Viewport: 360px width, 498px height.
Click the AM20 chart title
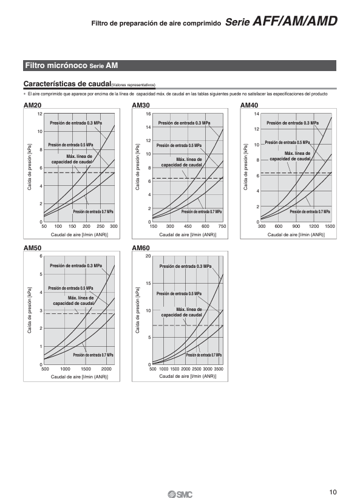point(32,105)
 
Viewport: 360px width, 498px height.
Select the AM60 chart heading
point(141,248)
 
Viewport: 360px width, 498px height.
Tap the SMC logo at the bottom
point(180,494)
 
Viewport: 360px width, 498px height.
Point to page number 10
point(333,492)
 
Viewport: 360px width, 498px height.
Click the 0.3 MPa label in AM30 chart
point(184,123)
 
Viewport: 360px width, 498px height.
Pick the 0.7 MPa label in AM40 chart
point(310,211)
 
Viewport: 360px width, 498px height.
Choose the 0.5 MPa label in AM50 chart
point(70,288)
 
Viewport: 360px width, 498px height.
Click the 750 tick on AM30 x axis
point(222,226)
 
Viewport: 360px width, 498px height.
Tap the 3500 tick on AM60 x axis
point(219,369)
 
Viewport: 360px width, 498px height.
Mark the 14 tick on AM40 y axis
point(257,114)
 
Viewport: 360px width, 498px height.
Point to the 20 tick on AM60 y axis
point(148,256)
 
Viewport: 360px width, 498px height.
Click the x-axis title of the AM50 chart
point(80,377)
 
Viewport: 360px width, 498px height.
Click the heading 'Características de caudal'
point(67,84)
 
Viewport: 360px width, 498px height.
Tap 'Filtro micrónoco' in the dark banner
point(56,66)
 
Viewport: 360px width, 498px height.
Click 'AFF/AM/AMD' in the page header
point(294,21)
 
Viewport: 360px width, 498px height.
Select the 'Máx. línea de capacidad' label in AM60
point(182,312)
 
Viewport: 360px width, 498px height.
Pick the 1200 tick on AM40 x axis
point(314,226)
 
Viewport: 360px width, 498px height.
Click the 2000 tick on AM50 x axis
point(106,369)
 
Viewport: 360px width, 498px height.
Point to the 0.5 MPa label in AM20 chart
point(70,145)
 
